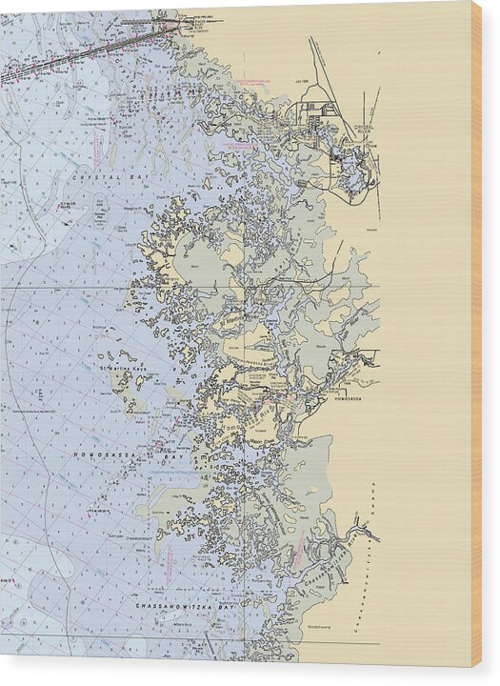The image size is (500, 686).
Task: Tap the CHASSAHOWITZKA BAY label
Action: pos(159,605)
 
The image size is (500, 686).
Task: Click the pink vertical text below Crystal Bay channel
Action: pos(97,150)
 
